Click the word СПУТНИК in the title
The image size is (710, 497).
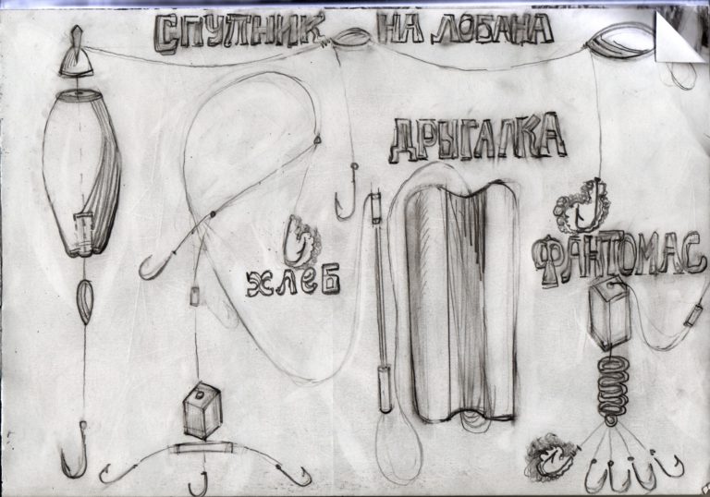(239, 32)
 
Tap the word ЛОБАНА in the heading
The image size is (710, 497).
(492, 29)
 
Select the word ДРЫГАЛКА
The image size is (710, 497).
(477, 139)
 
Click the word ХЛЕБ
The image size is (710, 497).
(293, 281)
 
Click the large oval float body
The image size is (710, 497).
(82, 173)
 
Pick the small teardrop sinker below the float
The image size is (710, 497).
(85, 301)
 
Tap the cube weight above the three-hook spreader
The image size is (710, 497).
(202, 410)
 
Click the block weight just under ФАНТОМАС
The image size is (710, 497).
(609, 313)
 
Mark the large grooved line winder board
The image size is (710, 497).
(461, 300)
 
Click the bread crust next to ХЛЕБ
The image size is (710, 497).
(301, 241)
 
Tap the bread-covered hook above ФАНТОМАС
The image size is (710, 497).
(582, 206)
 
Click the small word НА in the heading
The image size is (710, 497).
(400, 28)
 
